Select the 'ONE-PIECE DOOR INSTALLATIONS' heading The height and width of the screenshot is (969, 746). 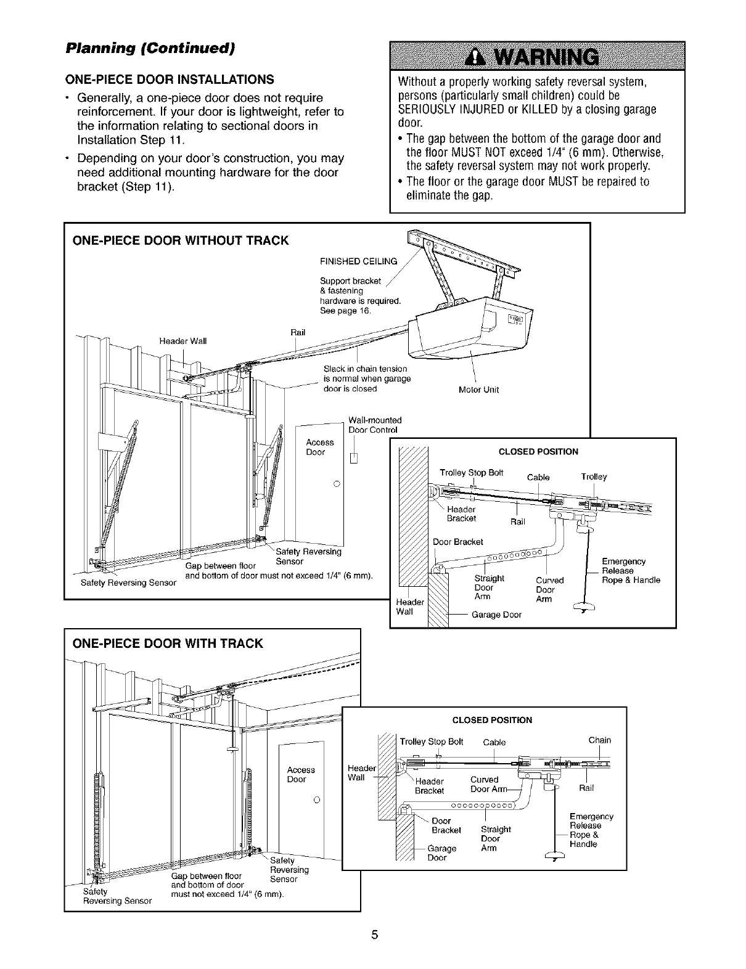coord(171,80)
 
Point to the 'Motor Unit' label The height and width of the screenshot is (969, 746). coord(479,390)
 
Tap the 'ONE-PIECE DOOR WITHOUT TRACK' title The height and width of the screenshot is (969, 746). coord(181,240)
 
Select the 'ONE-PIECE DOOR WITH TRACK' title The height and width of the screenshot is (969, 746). coord(168,644)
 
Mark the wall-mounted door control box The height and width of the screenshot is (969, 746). coord(353,458)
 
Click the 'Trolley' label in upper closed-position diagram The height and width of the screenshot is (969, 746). coord(594,476)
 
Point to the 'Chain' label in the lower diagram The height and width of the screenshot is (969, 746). coord(599,740)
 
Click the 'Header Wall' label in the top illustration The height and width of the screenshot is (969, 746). coord(183,341)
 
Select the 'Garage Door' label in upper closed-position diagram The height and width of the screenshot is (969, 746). coord(496,615)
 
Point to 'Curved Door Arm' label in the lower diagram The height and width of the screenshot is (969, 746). coord(488,784)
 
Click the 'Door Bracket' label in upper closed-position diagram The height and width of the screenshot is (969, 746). coord(457,542)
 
